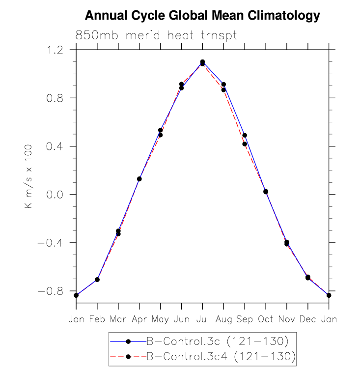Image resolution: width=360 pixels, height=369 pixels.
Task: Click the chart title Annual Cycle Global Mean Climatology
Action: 202,16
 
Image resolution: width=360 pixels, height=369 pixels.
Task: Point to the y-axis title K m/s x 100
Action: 29,176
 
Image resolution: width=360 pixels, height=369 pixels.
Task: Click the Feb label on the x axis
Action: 97,320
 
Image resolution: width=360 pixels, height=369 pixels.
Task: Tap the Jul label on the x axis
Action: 202,320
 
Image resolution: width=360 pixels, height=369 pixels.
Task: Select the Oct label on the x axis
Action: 266,320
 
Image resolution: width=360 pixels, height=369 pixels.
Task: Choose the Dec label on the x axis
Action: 308,320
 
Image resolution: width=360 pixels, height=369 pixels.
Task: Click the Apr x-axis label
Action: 139,320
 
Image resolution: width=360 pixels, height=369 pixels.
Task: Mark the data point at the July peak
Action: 202,63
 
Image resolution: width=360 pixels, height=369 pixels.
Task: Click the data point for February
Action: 97,280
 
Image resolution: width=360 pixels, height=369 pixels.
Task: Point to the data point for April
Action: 139,179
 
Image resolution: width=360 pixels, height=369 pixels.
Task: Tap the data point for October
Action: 266,192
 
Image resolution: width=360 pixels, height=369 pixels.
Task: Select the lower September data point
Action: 245,144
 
